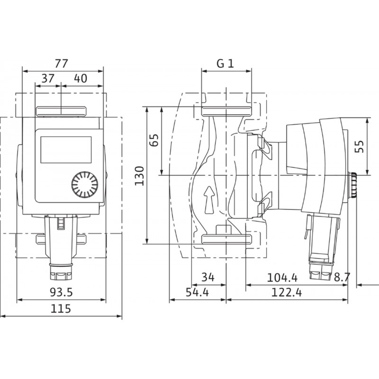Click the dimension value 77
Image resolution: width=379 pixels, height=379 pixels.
[62, 63]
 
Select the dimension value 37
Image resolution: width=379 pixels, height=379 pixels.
[48, 78]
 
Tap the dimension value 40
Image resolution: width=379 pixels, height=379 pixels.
[81, 78]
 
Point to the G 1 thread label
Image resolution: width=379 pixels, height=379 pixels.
[226, 63]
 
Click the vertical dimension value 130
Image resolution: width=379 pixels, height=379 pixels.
[139, 176]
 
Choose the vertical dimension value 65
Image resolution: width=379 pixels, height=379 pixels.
[154, 140]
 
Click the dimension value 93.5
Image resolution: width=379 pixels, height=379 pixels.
[62, 292]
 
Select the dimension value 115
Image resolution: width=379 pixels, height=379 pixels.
[61, 309]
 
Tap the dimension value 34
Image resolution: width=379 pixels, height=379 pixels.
[208, 277]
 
